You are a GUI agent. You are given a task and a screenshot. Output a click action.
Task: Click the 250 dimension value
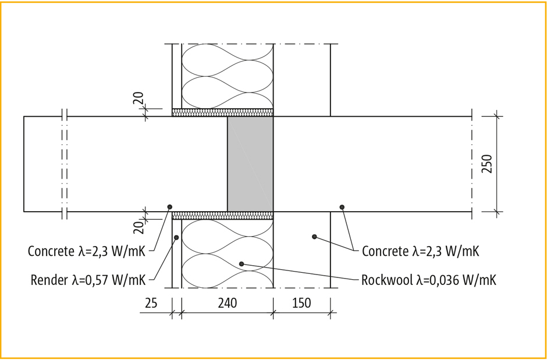coord(486,163)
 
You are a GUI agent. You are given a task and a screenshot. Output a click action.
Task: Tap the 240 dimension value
coord(228,303)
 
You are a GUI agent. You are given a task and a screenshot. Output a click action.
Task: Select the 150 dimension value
coord(301,303)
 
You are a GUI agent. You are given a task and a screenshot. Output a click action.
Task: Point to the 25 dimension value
coord(151,303)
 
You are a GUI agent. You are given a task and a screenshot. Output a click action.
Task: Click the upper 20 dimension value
coord(138,98)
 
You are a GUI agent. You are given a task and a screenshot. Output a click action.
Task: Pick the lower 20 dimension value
coord(138,227)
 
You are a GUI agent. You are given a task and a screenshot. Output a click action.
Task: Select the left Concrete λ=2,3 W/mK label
coord(87,251)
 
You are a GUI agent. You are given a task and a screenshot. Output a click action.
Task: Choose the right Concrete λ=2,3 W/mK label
coord(420,251)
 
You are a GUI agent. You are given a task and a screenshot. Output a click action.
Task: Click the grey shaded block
coord(250,164)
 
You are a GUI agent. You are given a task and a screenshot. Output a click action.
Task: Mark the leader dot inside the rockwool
coord(241,264)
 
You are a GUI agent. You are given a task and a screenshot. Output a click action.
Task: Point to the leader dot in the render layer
coord(176,237)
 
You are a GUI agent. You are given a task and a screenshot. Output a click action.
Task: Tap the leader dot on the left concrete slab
coord(170,207)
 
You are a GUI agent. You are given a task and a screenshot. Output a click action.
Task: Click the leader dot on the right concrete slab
coord(342,207)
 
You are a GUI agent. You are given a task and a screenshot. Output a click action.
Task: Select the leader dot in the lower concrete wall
coord(314,237)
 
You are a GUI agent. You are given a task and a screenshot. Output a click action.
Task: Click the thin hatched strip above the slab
coord(222,112)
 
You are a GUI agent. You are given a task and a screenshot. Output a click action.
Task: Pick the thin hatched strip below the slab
coord(222,215)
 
